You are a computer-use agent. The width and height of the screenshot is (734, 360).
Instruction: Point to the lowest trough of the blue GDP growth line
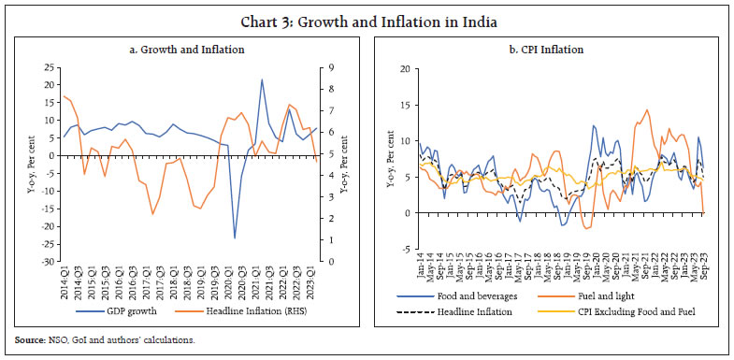pos(235,238)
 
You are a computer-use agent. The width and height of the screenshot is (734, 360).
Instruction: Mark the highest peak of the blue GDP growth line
pos(262,79)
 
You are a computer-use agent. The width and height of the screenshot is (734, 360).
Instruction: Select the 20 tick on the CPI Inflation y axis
pos(403,68)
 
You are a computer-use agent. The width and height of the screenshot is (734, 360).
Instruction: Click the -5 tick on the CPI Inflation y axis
pos(404,249)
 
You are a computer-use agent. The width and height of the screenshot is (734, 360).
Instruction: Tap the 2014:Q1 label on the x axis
pos(63,281)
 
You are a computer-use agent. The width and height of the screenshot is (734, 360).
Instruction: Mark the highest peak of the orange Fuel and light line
pos(646,110)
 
